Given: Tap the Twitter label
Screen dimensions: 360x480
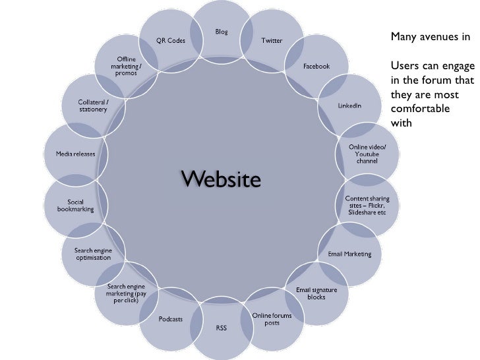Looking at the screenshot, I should (x=272, y=41).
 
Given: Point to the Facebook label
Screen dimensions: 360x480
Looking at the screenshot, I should (x=316, y=66).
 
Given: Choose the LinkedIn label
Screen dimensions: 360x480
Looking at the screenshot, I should (x=349, y=105).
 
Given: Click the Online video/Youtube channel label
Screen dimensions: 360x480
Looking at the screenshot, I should (x=368, y=154).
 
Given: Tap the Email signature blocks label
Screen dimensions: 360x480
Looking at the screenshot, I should (x=316, y=293).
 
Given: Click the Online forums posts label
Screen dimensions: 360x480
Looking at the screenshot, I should (x=272, y=318).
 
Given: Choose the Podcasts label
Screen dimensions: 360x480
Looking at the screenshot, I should (x=171, y=318).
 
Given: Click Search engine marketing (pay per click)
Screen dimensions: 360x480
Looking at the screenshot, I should (x=127, y=293).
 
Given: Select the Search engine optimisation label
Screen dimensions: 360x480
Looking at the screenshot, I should (x=93, y=254).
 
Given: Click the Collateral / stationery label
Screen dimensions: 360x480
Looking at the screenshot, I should (x=93, y=105).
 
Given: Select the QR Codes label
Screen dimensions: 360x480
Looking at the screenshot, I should (x=171, y=41).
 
